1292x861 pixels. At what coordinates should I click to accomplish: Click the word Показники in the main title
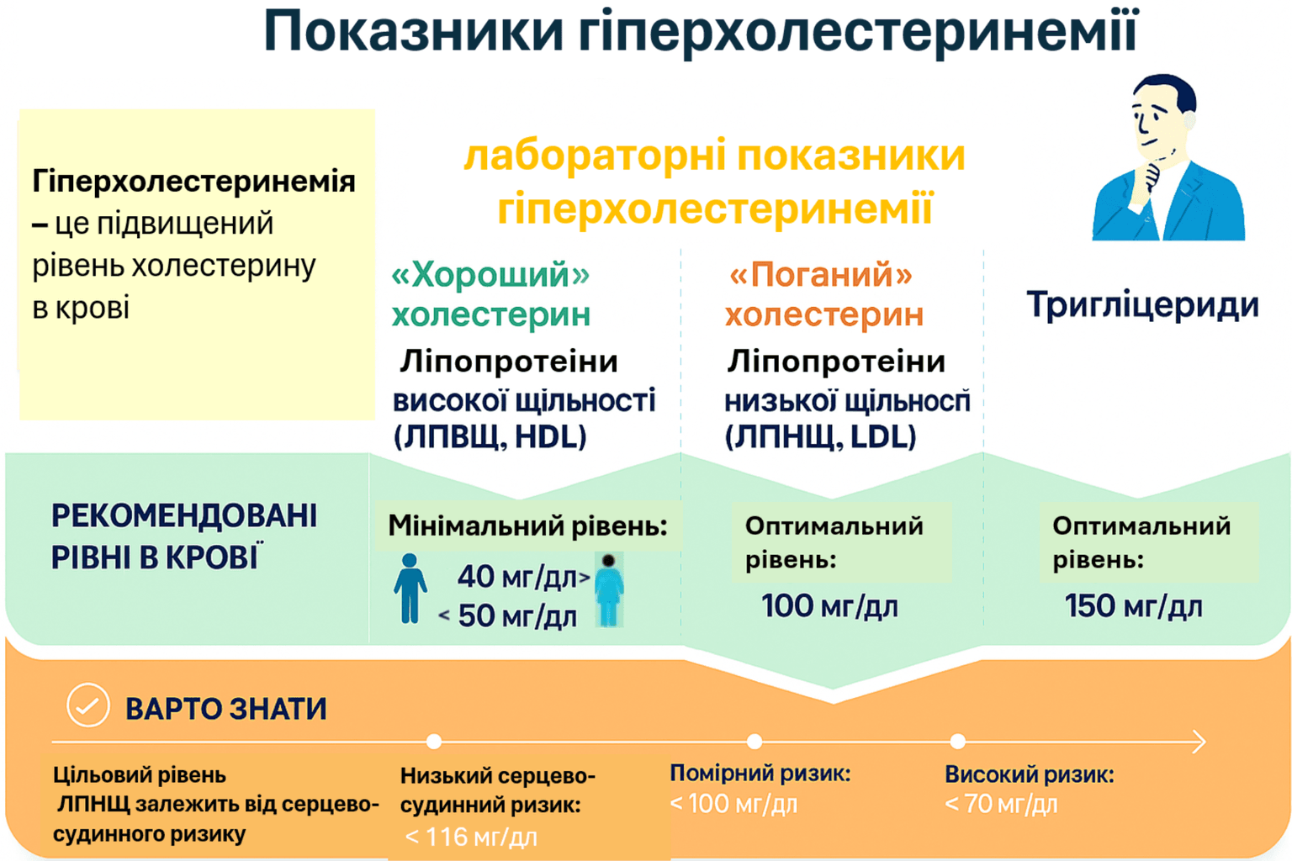pos(413,32)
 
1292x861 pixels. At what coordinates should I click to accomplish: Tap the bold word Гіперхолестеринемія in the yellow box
pos(193,181)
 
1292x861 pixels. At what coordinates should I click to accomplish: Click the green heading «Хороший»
pos(491,274)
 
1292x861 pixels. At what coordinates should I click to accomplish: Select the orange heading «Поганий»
pos(821,274)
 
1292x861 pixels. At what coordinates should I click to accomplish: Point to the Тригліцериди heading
pos(1142,304)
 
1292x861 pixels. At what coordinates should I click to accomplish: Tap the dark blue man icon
pos(410,589)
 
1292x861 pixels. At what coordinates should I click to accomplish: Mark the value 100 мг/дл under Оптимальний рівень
pos(829,606)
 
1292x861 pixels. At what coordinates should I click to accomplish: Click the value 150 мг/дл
pos(1133,606)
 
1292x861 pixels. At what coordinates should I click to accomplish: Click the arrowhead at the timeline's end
pos(1199,742)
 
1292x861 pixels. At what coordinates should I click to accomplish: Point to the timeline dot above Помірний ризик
pos(755,742)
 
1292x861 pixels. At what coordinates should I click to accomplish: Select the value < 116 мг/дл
pos(470,837)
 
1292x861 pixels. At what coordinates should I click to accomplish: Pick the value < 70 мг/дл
pos(1001,804)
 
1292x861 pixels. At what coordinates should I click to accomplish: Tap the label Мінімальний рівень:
pos(527,526)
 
